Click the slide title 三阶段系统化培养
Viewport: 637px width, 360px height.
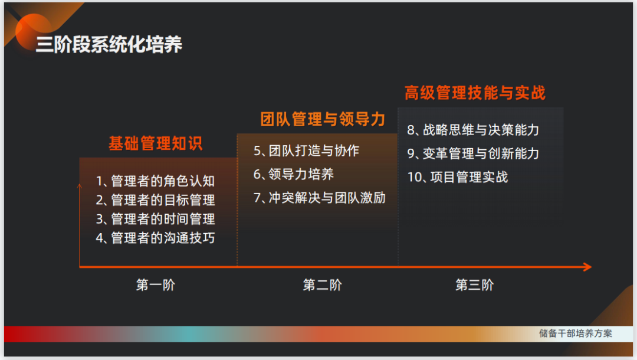coord(109,45)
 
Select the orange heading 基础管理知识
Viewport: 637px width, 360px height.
coord(155,143)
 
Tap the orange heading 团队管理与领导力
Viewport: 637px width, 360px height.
coord(323,119)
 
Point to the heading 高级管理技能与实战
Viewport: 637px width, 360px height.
coord(475,93)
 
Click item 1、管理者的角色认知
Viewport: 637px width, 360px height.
coord(155,181)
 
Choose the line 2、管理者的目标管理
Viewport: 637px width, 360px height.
coord(155,200)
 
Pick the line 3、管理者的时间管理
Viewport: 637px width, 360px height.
coord(155,219)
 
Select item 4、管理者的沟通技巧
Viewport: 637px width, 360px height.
coord(155,238)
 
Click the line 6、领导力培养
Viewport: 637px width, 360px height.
coord(294,174)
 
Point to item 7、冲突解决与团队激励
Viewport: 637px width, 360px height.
coord(319,198)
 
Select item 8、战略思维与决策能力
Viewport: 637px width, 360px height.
coord(473,130)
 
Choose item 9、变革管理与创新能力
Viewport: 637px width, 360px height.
coord(473,153)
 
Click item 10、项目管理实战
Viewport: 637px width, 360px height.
coord(457,177)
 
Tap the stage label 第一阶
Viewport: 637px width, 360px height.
coord(155,286)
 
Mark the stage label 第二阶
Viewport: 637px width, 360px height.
coord(322,286)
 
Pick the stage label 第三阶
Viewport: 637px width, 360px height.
coord(474,286)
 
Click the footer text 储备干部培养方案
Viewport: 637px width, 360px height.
coord(575,333)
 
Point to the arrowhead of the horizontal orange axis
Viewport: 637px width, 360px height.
coord(586,267)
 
